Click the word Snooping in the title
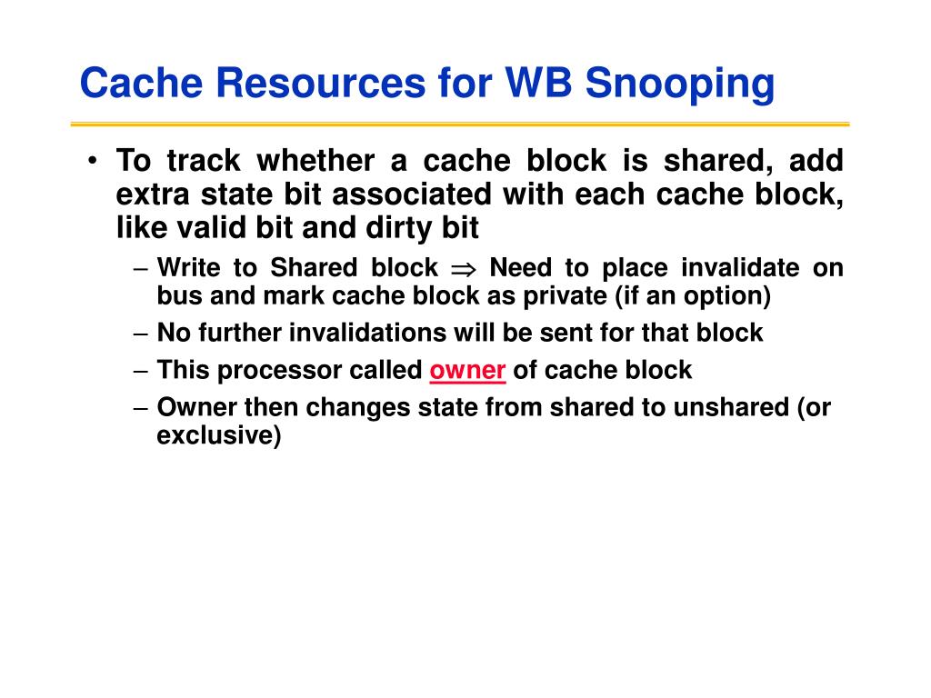click(x=680, y=84)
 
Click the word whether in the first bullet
click(x=315, y=160)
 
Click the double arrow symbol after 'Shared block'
click(x=464, y=269)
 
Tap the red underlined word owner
click(x=467, y=371)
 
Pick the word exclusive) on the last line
click(x=218, y=435)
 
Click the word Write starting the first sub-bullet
click(x=188, y=268)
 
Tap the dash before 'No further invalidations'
click(x=141, y=334)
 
